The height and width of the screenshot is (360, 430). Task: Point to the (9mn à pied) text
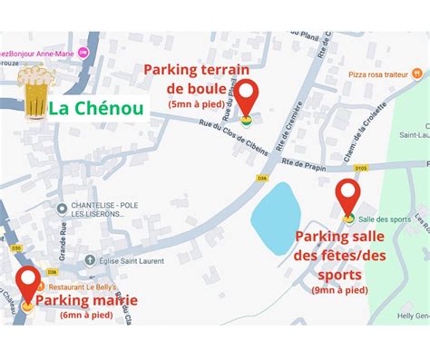pyautogui.click(x=340, y=290)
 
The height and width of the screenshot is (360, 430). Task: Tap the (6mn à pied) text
pyautogui.click(x=86, y=316)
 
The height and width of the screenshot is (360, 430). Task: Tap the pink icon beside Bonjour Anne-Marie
pyautogui.click(x=84, y=54)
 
